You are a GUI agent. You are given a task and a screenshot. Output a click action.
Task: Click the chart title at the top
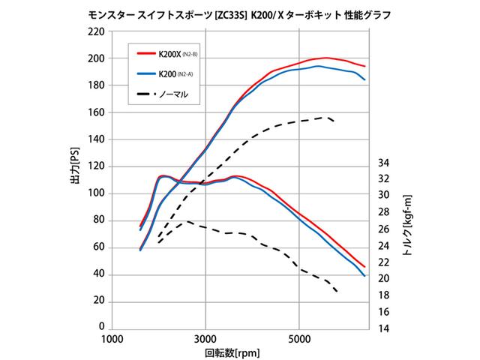(240, 14)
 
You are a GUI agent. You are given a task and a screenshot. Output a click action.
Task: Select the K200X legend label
(177, 55)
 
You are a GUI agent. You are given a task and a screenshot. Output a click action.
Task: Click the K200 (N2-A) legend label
(175, 74)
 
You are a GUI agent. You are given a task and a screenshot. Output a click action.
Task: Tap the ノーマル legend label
(172, 94)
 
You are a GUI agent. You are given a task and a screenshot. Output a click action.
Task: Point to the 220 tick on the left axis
(95, 31)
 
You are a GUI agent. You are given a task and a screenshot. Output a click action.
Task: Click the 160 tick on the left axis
(95, 112)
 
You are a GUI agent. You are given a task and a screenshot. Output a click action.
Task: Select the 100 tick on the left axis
(95, 193)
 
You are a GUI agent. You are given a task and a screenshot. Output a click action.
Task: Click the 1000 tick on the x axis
(112, 339)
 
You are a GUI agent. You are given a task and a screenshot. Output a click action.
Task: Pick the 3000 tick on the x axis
(205, 339)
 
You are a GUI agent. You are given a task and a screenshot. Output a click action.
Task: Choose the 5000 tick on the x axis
(299, 339)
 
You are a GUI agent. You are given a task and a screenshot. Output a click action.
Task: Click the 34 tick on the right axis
(383, 162)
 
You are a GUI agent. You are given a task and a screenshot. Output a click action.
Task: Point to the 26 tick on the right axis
(383, 229)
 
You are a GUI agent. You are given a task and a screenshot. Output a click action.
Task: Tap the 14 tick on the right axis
(383, 328)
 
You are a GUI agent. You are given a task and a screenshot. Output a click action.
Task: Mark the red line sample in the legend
(146, 55)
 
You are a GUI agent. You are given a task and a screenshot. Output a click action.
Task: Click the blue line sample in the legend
(146, 74)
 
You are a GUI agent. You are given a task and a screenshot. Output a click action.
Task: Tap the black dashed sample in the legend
(146, 94)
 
